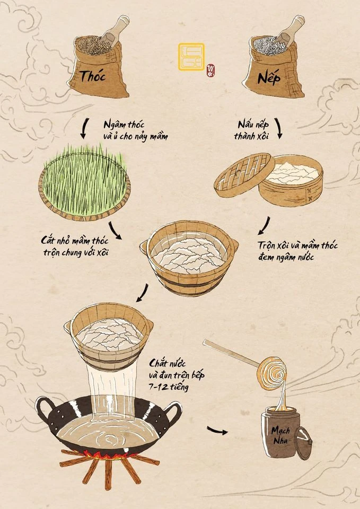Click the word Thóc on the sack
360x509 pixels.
pyautogui.click(x=93, y=76)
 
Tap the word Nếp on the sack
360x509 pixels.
pyautogui.click(x=269, y=78)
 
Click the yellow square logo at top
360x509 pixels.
pyautogui.click(x=191, y=57)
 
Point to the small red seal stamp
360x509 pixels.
pyautogui.click(x=211, y=71)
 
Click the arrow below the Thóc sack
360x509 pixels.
pyautogui.click(x=85, y=128)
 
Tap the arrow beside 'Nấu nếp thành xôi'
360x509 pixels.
pyautogui.click(x=278, y=128)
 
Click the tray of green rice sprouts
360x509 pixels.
pyautogui.click(x=84, y=183)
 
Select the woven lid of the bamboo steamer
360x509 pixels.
pyautogui.click(x=244, y=175)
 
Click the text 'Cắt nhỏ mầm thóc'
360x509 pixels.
pyautogui.click(x=75, y=241)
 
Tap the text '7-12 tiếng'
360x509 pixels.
pyautogui.click(x=169, y=387)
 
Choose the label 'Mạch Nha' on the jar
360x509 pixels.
pyautogui.click(x=280, y=435)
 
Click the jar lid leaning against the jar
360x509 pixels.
pyautogui.click(x=303, y=443)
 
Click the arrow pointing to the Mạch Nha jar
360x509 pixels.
pyautogui.click(x=217, y=431)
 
